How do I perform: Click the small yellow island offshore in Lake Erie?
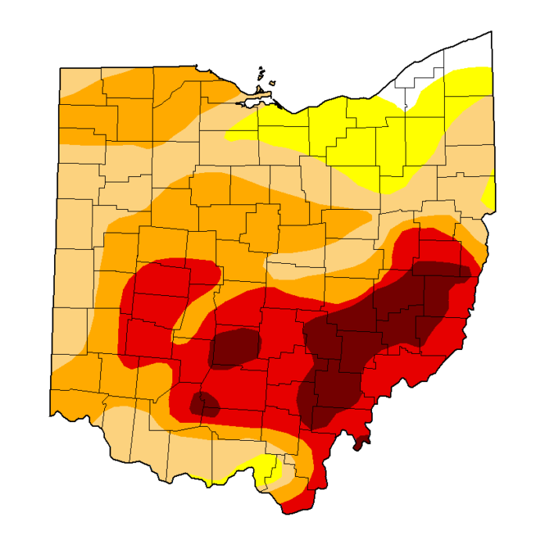[273, 82]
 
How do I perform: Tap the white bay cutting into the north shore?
[252, 103]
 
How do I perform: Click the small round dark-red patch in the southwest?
[207, 404]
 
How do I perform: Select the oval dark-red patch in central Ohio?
[235, 347]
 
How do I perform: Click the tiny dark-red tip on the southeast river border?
[359, 445]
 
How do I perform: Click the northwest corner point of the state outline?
[60, 69]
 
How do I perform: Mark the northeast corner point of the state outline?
[491, 32]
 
